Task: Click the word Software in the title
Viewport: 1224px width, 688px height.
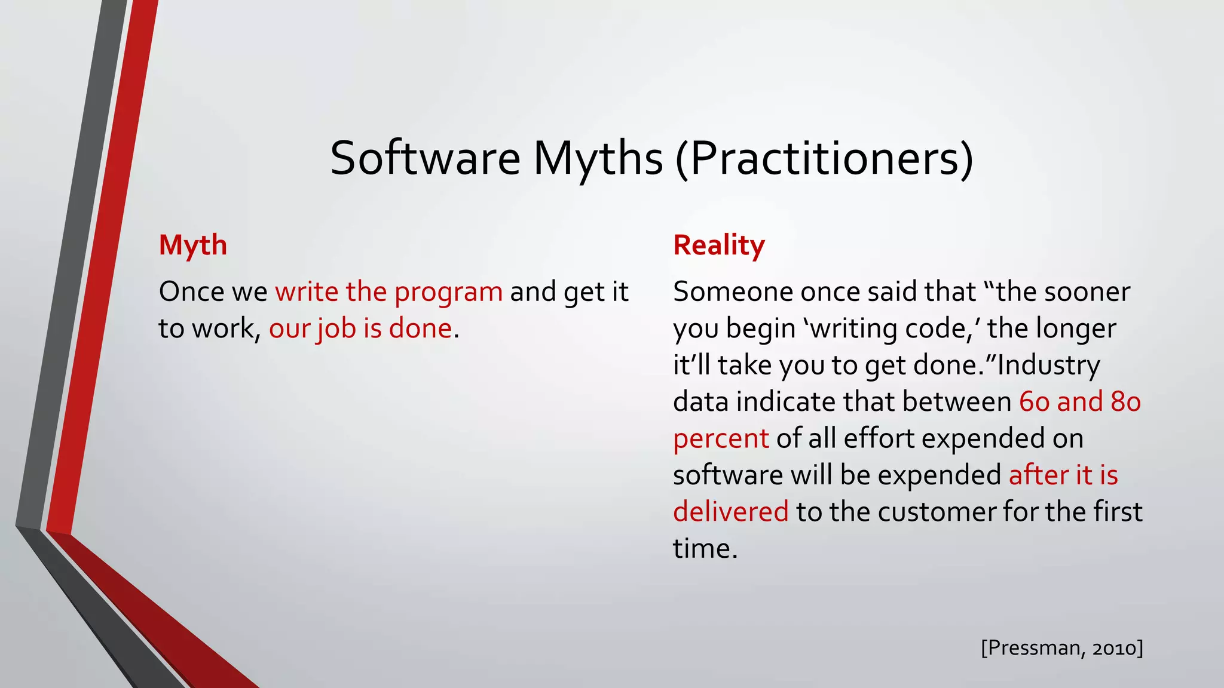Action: tap(425, 158)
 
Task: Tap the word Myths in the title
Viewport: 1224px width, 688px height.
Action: tap(598, 158)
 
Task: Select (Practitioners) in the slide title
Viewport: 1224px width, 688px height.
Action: tap(825, 158)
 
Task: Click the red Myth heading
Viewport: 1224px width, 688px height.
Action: tap(193, 245)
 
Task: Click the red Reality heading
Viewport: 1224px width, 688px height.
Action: tap(719, 245)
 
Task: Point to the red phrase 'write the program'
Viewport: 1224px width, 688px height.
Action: tap(388, 292)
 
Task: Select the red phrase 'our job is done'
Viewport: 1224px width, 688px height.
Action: tap(360, 328)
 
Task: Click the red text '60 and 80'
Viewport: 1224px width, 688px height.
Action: tap(1079, 402)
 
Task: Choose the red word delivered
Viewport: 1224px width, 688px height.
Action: tap(730, 512)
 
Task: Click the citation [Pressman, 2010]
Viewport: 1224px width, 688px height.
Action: tap(1061, 648)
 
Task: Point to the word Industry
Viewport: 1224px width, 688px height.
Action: tap(1049, 365)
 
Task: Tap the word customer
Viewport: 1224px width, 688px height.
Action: tap(937, 512)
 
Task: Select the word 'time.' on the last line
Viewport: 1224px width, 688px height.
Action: tap(705, 549)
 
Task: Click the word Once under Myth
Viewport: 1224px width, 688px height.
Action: tap(191, 292)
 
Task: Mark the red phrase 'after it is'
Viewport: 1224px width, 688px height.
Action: tap(1063, 475)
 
